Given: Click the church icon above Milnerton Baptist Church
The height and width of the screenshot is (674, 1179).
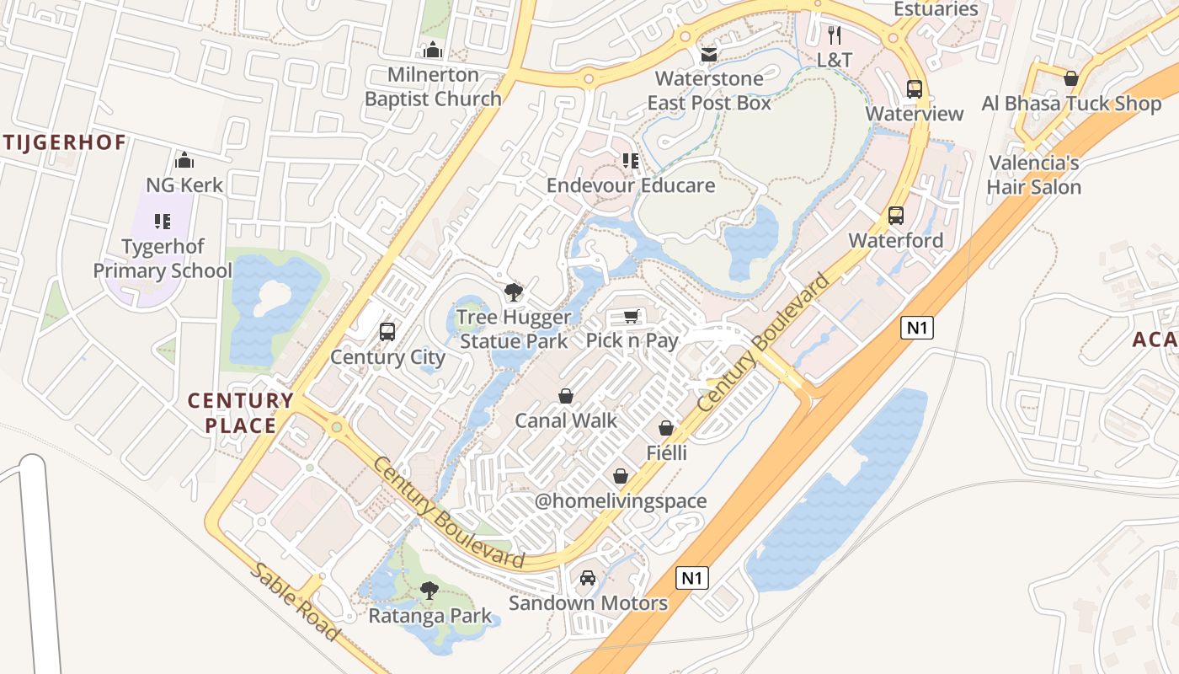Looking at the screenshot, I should pyautogui.click(x=433, y=51).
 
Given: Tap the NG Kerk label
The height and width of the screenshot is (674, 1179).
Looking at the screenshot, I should pyautogui.click(x=184, y=185).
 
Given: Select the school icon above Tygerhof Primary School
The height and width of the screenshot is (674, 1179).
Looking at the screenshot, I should pyautogui.click(x=163, y=222).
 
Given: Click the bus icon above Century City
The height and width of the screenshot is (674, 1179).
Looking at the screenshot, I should pyautogui.click(x=387, y=331).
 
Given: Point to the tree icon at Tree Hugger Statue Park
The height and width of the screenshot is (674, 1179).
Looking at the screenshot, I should pyautogui.click(x=513, y=292).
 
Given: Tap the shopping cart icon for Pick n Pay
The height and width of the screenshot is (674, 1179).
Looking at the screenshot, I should pyautogui.click(x=632, y=316).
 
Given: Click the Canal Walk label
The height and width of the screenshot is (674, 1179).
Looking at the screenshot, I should pyautogui.click(x=565, y=420).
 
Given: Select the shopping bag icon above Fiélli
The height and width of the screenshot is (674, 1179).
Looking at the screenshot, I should pyautogui.click(x=666, y=428).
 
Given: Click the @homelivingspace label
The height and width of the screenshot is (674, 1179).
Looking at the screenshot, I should pyautogui.click(x=621, y=501).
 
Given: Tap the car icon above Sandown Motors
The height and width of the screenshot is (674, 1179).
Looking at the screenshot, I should pyautogui.click(x=588, y=578).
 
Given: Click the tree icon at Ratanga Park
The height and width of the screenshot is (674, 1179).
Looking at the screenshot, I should pyautogui.click(x=429, y=590).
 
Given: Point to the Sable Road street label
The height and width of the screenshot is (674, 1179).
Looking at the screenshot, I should pyautogui.click(x=294, y=602).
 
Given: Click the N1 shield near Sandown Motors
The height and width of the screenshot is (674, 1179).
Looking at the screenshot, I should pyautogui.click(x=691, y=578).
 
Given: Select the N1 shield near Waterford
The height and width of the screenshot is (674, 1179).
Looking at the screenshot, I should pyautogui.click(x=916, y=328).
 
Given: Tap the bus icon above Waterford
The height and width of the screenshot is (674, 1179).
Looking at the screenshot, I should pyautogui.click(x=895, y=216).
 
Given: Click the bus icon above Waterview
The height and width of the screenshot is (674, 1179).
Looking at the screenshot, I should pyautogui.click(x=914, y=88).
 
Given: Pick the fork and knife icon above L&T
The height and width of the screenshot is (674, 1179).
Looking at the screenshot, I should pyautogui.click(x=835, y=35).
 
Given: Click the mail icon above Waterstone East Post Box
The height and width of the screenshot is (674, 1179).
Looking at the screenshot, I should pyautogui.click(x=709, y=55).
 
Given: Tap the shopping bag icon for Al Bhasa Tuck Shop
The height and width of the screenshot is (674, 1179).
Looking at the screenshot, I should pyautogui.click(x=1070, y=78).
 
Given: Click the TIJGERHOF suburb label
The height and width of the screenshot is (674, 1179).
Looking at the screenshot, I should pyautogui.click(x=63, y=142).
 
